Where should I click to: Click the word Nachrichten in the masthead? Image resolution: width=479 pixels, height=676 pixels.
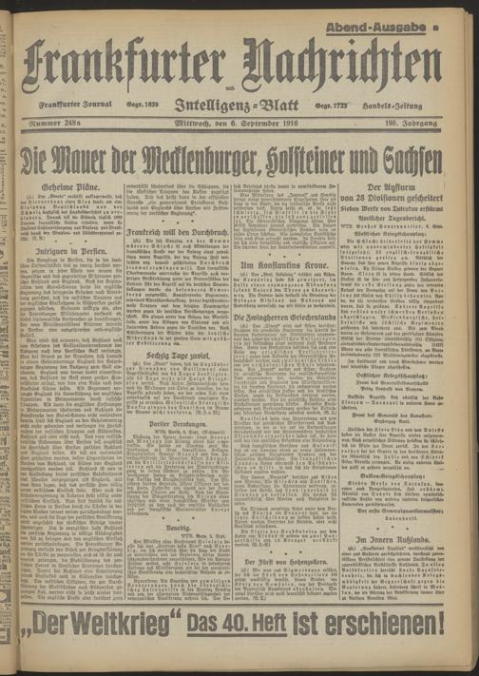tap(343, 65)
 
